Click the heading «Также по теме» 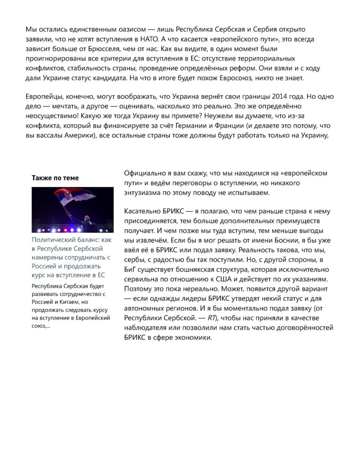tap(55, 178)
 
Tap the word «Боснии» tap(289, 240)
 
